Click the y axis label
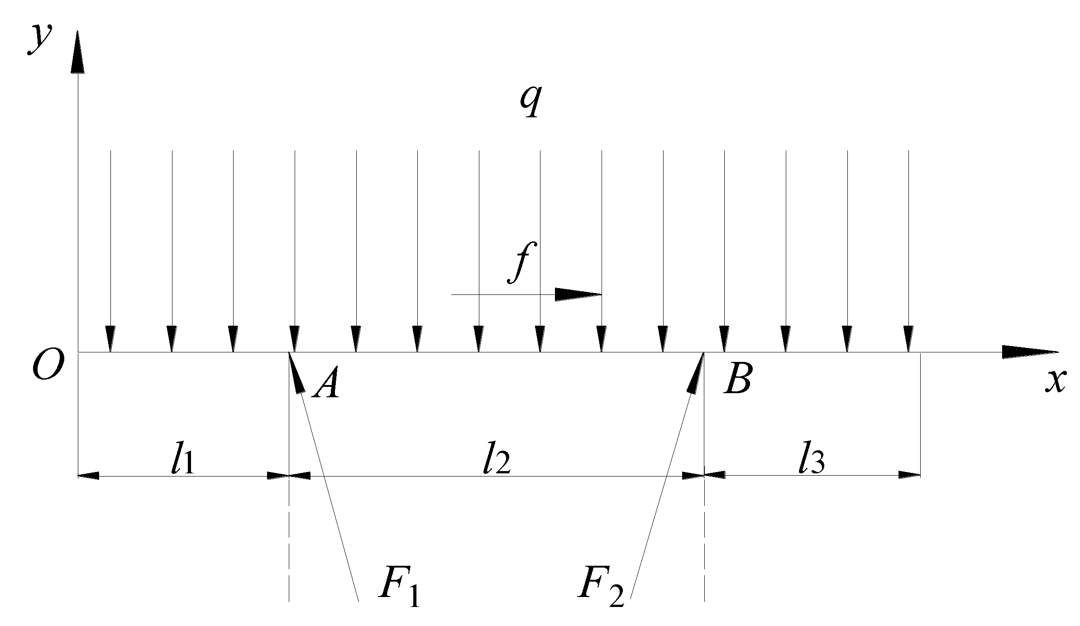point(40,41)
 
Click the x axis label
point(1056,381)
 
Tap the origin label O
point(47,366)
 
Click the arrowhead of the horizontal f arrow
point(578,294)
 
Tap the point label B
point(737,379)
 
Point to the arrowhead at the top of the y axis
point(78,52)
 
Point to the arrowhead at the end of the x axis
point(1029,352)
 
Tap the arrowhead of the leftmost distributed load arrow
point(110,339)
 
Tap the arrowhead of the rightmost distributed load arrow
point(908,339)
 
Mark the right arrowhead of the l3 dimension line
point(909,475)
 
